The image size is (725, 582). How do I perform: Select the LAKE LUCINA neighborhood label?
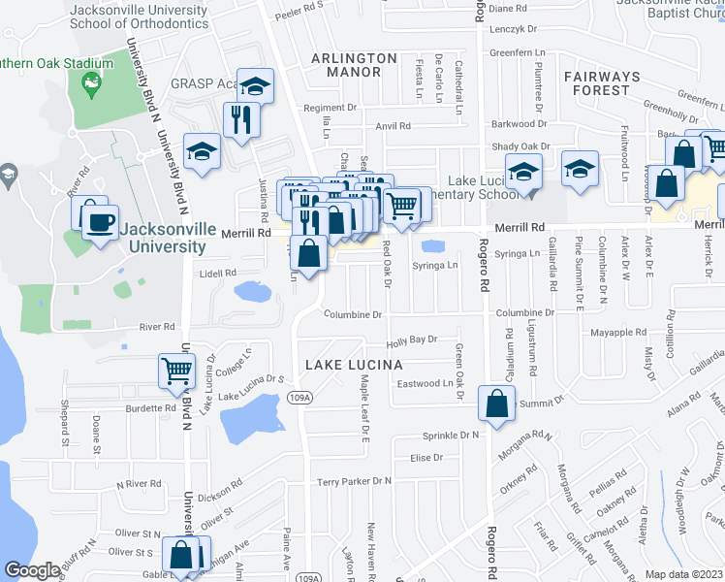click(354, 365)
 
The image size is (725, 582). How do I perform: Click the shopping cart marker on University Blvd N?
click(176, 370)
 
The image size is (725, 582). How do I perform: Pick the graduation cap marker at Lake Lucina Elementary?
click(523, 172)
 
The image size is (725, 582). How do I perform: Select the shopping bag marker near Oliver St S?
click(181, 555)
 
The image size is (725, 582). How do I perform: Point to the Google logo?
click(32, 570)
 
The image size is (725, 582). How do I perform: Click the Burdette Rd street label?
click(150, 408)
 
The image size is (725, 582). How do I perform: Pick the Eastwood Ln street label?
click(425, 383)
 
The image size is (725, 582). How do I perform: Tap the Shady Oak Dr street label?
click(520, 146)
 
